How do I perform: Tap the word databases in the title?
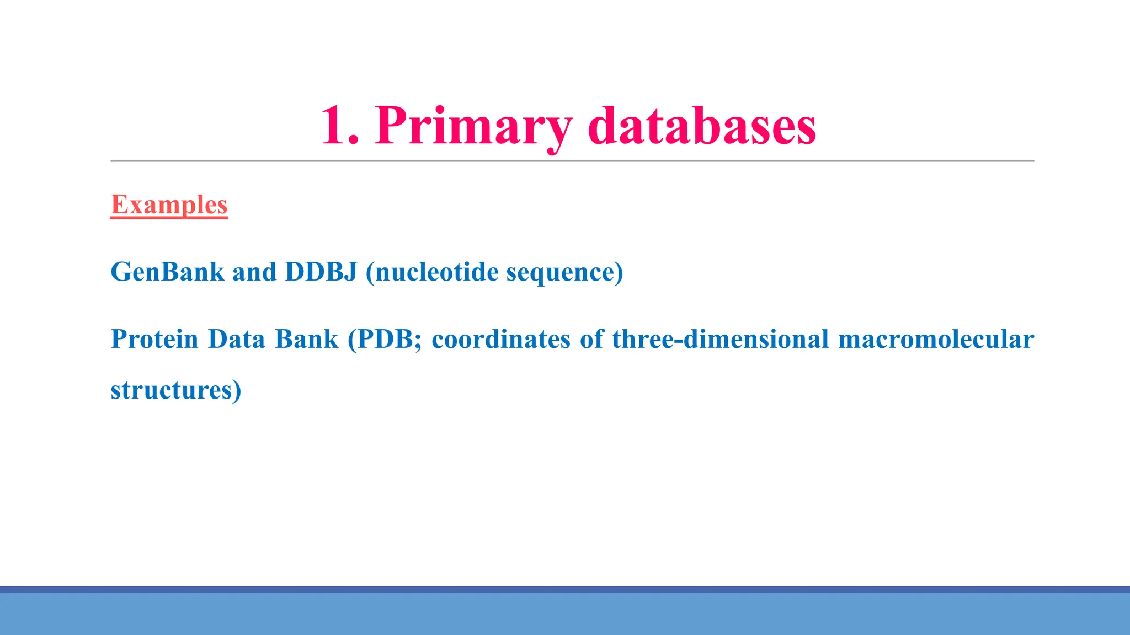[701, 126]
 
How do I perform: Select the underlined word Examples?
[169, 205]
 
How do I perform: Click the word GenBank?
[168, 272]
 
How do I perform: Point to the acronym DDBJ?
[321, 272]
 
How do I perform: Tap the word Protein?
[154, 339]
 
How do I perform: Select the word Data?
[237, 339]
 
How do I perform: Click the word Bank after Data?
[306, 339]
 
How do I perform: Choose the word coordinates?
[501, 339]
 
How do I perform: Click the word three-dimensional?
[720, 339]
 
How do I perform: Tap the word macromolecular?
[936, 339]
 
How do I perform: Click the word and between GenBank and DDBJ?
[254, 272]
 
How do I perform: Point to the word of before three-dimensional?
[591, 339]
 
